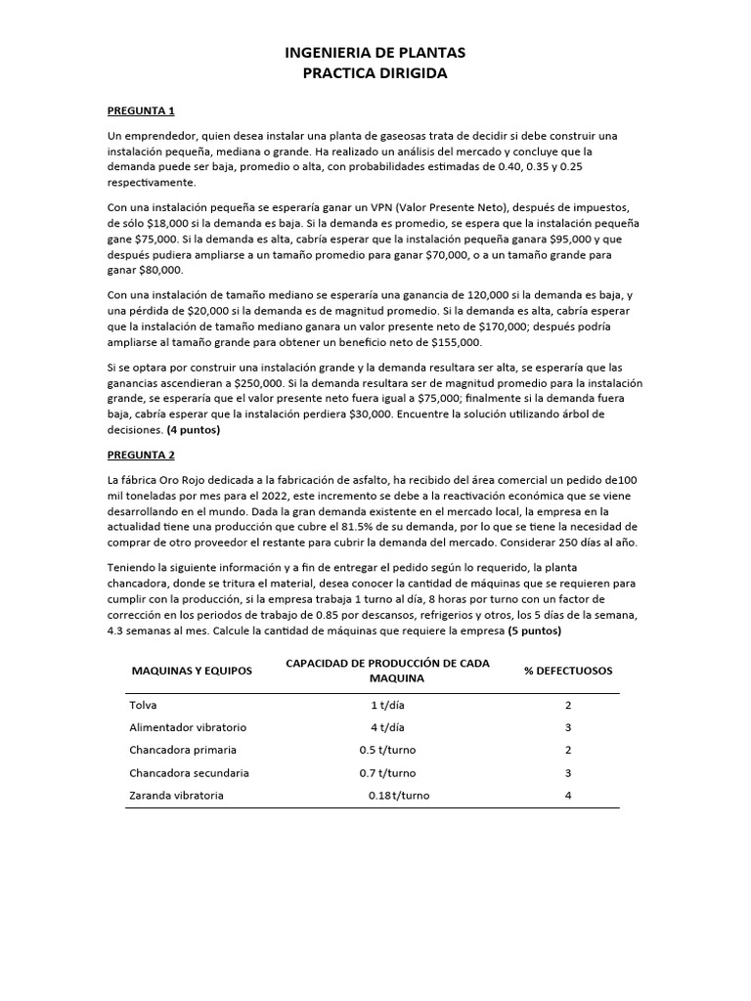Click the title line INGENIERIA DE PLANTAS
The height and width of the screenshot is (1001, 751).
click(x=375, y=53)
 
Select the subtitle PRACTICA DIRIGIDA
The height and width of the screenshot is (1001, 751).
click(x=375, y=74)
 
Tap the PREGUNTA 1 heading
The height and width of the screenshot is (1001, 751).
click(x=141, y=110)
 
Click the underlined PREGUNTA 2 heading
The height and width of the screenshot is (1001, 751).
click(x=141, y=455)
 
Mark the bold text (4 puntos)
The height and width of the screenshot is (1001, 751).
click(x=193, y=429)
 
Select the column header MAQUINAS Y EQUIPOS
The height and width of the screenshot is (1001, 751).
click(x=192, y=671)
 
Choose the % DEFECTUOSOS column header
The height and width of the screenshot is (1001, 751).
click(x=568, y=671)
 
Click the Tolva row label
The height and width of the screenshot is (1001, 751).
click(x=143, y=705)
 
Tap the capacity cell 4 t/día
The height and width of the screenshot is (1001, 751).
click(x=387, y=727)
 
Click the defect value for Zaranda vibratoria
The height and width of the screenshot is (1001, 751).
click(x=567, y=795)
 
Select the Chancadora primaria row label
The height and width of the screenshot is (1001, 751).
click(x=183, y=750)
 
